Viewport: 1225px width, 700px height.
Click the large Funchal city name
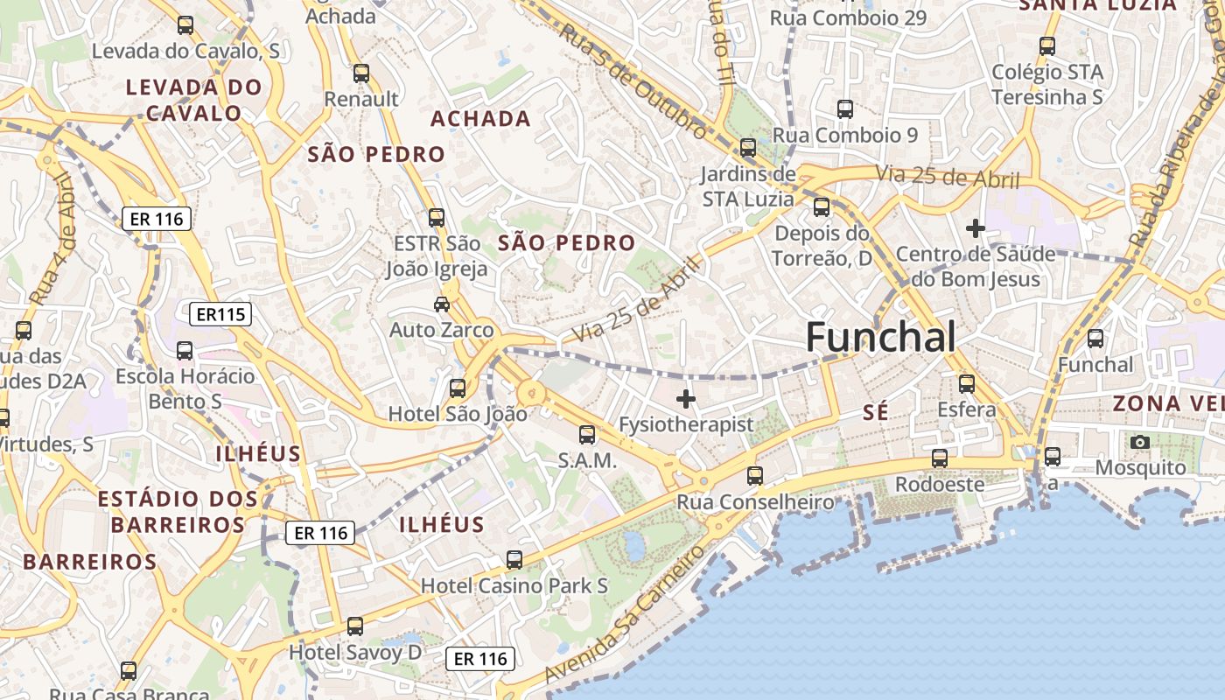tap(880, 337)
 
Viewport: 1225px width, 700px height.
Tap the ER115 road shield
tap(220, 314)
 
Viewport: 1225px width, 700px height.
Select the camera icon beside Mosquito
tap(1139, 443)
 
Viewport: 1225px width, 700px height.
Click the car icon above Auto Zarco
tap(442, 304)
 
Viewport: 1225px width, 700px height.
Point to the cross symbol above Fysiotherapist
tap(686, 400)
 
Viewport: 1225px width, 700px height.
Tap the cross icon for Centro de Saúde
tap(976, 229)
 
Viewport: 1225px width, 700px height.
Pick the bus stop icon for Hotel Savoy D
tap(354, 626)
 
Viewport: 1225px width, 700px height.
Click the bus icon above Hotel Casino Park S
tap(514, 560)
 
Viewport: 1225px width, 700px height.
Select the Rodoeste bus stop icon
tap(940, 458)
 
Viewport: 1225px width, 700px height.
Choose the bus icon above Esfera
tap(967, 384)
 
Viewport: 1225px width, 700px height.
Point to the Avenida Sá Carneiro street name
tap(624, 616)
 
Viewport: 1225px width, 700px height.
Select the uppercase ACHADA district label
tap(480, 119)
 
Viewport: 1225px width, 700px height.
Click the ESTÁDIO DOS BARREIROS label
tap(178, 512)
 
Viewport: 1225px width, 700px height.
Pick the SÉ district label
tap(875, 413)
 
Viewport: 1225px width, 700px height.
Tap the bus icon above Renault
tap(361, 73)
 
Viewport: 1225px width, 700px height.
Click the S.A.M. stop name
tap(587, 460)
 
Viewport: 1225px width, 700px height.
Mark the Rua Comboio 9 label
tap(844, 135)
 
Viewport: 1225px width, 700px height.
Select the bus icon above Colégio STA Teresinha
tap(1047, 46)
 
